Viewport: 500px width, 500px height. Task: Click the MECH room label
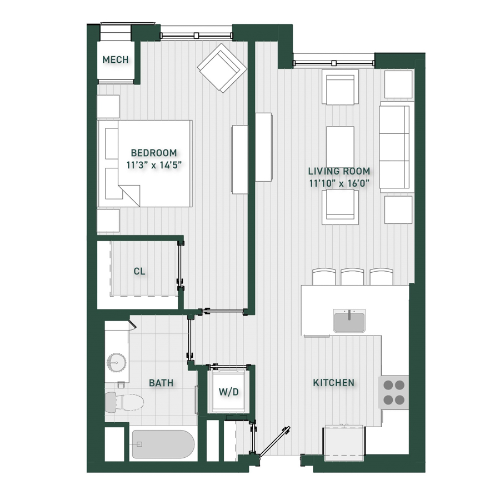[x=116, y=59]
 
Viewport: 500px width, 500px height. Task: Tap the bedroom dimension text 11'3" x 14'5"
[x=154, y=165]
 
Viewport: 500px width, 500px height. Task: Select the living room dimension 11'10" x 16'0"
[x=339, y=183]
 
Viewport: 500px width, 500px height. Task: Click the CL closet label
[x=139, y=271]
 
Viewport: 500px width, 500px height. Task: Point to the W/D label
[x=229, y=392]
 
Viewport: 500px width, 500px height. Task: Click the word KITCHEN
[x=333, y=383]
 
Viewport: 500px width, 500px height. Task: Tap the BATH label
[x=161, y=383]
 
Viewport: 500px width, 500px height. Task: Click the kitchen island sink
[x=349, y=321]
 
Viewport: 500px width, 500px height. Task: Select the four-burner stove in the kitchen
[x=393, y=392]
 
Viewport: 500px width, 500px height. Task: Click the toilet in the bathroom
[x=124, y=402]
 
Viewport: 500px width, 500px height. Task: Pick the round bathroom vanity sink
[x=117, y=363]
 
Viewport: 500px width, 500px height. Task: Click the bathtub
[x=163, y=444]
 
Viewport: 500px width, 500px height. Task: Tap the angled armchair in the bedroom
[x=222, y=68]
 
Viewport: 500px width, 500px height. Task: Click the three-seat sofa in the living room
[x=396, y=147]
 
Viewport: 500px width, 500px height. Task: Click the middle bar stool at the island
[x=352, y=277]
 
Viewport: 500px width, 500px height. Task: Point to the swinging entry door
[x=274, y=442]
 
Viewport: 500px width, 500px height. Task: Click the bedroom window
[x=197, y=36]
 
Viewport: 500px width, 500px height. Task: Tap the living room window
[x=334, y=63]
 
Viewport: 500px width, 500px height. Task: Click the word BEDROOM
[x=154, y=153]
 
